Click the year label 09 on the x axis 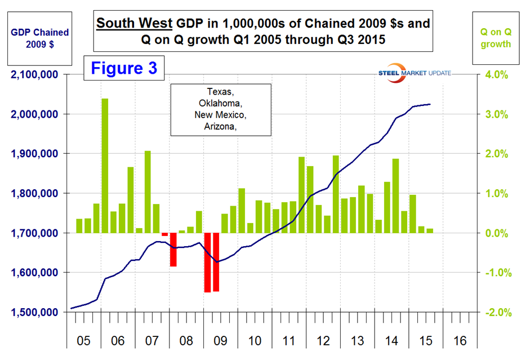pos(221,341)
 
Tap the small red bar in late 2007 pos(164,234)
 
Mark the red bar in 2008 pos(173,250)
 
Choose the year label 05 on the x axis pos(83,341)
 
